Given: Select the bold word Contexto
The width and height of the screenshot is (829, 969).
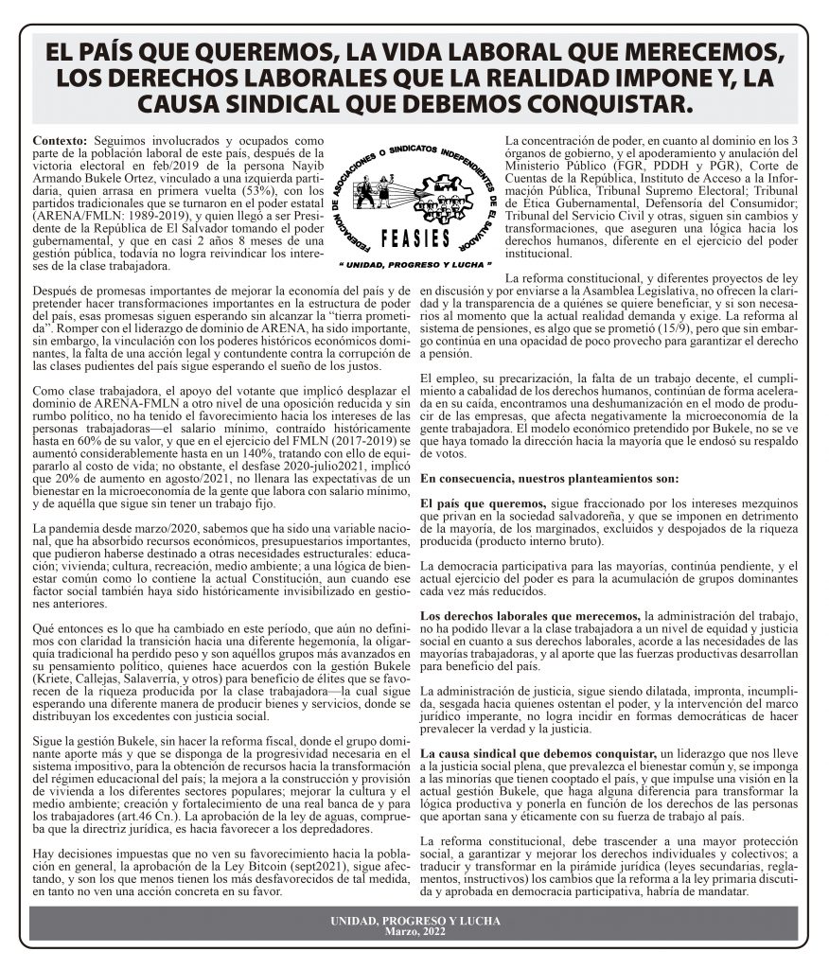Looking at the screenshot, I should coord(59,140).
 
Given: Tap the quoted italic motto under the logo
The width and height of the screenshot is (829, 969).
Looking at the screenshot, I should coord(414,264).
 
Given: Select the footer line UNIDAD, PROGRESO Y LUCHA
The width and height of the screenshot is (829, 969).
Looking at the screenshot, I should coord(414,921).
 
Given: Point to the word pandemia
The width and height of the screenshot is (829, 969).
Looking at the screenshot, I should coord(72,526).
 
